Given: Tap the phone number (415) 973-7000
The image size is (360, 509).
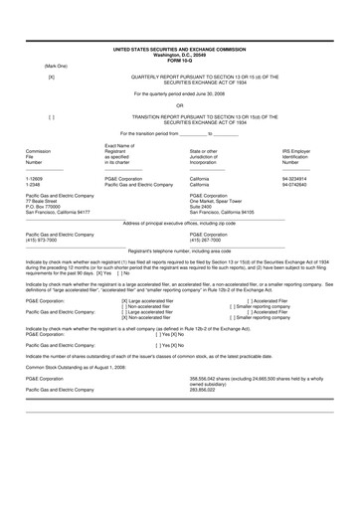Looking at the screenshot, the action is point(44,240).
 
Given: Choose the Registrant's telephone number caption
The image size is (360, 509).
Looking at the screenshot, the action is point(179,251).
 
